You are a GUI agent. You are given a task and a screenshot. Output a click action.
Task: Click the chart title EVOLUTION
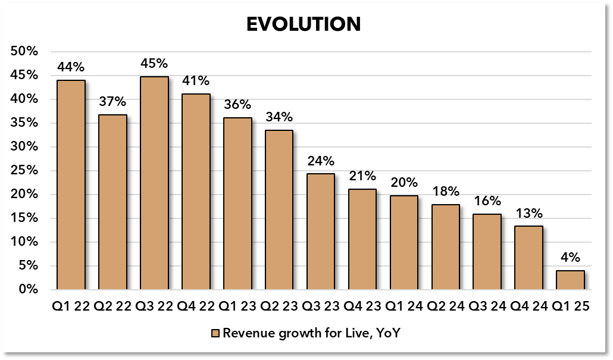coord(304,24)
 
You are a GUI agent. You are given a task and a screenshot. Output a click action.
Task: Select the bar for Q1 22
coord(71,184)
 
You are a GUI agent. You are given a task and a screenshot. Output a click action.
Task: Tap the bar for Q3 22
coord(154,183)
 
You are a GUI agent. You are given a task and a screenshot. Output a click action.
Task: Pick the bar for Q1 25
coord(570,280)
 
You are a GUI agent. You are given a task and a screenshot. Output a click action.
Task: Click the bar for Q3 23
coord(320,231)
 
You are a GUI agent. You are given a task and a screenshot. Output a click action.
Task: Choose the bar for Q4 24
coord(528,258)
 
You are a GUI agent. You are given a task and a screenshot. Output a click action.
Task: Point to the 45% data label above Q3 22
coord(154,64)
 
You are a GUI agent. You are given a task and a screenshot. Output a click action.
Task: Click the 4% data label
coord(570,258)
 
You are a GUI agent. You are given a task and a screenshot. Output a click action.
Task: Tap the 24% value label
coord(320,161)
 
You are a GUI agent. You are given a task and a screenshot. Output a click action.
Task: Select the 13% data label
coord(528,214)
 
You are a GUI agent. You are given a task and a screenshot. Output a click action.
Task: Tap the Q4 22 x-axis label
coord(196,306)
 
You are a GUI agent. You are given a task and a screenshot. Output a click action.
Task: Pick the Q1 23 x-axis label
coord(237,306)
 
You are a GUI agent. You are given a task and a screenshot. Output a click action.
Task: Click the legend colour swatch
coord(216,333)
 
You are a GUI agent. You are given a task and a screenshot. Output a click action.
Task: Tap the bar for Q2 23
coord(279,209)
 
